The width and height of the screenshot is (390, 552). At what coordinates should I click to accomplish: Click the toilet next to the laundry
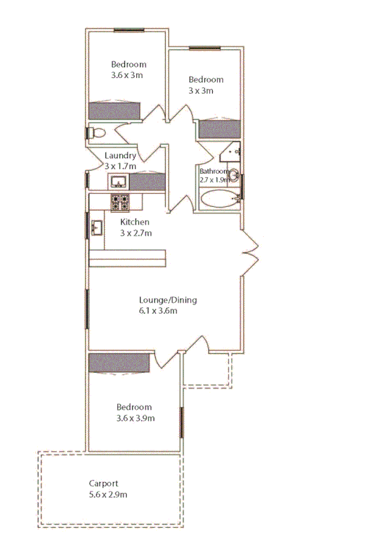tap(96, 133)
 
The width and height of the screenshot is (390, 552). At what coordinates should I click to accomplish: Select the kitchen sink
tap(98, 227)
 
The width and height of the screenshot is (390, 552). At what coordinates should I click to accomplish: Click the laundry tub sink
tap(119, 180)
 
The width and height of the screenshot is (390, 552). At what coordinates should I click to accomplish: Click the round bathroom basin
tap(235, 176)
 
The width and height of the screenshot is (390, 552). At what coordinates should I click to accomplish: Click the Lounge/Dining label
tap(168, 300)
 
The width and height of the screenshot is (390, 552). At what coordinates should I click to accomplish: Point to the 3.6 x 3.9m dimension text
tap(135, 418)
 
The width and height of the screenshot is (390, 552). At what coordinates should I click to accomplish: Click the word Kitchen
tap(135, 222)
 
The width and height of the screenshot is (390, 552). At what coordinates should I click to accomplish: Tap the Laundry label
tap(120, 156)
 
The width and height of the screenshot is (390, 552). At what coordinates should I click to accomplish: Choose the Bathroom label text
tap(215, 171)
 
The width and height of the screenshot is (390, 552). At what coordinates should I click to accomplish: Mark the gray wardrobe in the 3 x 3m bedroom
tap(219, 128)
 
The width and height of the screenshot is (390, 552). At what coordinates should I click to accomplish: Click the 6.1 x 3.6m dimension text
tap(158, 310)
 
